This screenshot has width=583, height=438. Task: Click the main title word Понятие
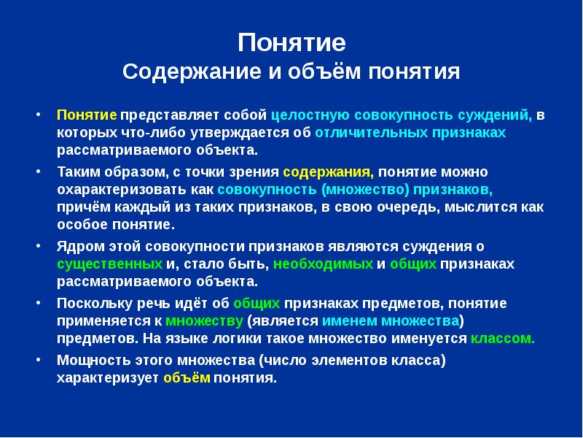point(291,42)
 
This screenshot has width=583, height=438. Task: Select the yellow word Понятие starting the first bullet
point(87,115)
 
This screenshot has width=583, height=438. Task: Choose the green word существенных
point(109,264)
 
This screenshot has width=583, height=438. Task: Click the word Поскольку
point(90,302)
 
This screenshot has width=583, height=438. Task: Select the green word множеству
point(205,320)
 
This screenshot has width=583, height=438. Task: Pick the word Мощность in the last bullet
point(90,360)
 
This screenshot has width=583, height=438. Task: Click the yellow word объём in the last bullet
point(187,378)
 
